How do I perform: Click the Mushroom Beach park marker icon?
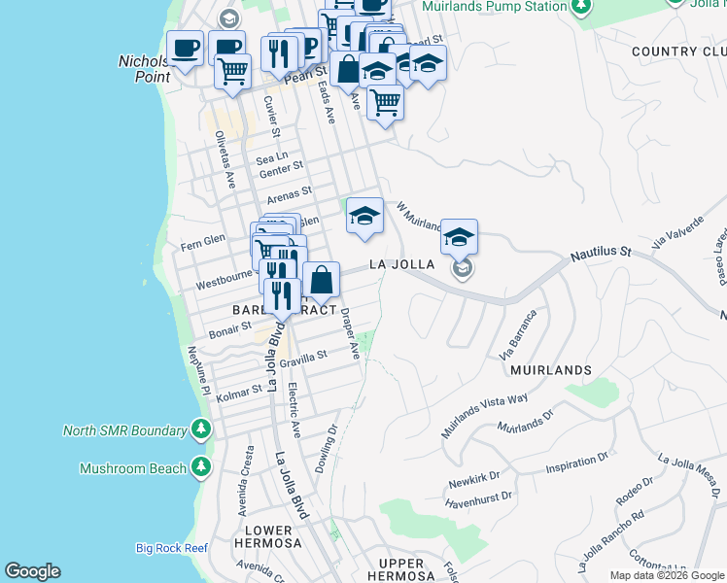pyautogui.click(x=201, y=467)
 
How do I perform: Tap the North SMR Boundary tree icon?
pyautogui.click(x=201, y=429)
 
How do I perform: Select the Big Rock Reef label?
pyautogui.click(x=172, y=548)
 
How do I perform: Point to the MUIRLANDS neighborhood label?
pyautogui.click(x=558, y=370)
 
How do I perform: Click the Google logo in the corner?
pyautogui.click(x=32, y=571)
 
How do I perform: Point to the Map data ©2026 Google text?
pyautogui.click(x=667, y=575)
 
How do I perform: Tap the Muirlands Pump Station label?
pyautogui.click(x=495, y=7)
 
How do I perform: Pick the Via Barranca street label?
pyautogui.click(x=518, y=335)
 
